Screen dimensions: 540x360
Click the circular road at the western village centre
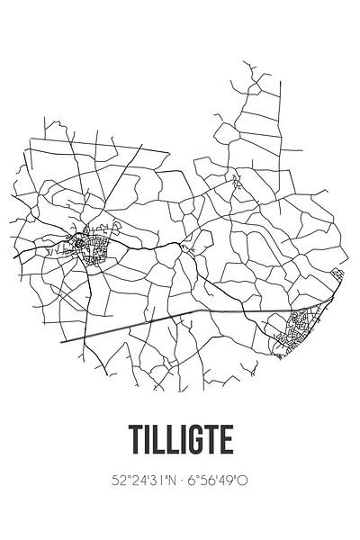[x=81, y=242]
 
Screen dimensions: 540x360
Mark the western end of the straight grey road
[x=62, y=342]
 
